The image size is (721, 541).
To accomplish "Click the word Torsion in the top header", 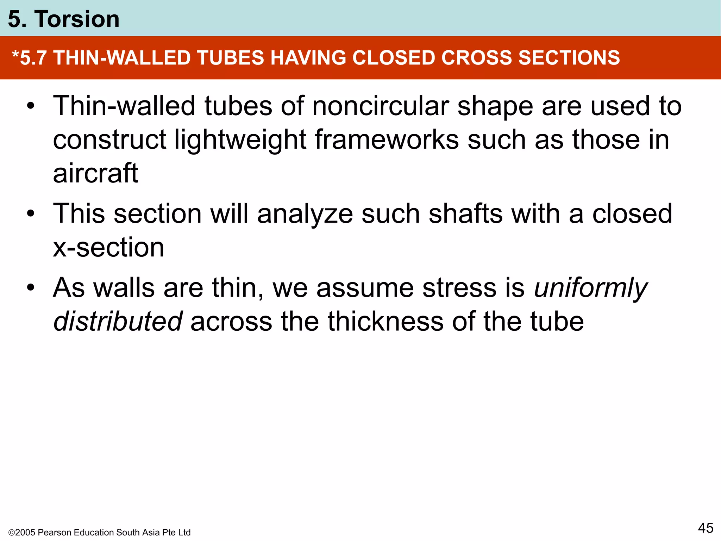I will coord(77,19).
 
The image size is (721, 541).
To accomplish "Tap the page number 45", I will coord(706,528).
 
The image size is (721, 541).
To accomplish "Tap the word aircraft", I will coord(95,173).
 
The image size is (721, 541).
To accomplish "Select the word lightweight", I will coord(240,140).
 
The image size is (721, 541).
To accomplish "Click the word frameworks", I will coord(387,140).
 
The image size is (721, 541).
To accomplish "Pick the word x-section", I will coord(108,248).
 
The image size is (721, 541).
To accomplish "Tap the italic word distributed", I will coord(117,322).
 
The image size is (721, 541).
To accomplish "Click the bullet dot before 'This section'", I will coord(31,213).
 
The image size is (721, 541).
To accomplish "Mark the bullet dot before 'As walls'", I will coord(31,287).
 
